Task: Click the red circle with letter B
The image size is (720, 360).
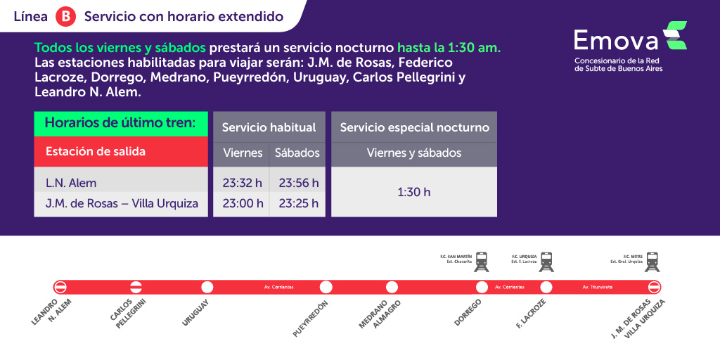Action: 66,17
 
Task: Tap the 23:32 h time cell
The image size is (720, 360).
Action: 242,183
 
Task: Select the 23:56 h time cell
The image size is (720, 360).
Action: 298,183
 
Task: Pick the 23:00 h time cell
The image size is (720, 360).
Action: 242,204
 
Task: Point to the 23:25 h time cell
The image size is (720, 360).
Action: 298,204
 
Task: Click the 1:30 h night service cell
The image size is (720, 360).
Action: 413,192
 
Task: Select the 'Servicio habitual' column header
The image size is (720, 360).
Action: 269,127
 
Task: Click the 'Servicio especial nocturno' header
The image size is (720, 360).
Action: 414,127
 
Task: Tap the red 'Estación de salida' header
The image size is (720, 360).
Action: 121,151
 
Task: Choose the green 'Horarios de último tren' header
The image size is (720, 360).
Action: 121,123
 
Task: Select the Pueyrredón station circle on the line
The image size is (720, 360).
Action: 326,287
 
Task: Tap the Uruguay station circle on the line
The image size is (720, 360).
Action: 207,287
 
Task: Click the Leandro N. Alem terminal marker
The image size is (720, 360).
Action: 60,287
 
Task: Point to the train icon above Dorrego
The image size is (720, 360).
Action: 482,262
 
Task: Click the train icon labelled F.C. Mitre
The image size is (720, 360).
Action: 653,262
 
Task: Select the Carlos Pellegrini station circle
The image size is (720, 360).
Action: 136,287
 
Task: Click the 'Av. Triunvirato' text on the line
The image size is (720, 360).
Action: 596,287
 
